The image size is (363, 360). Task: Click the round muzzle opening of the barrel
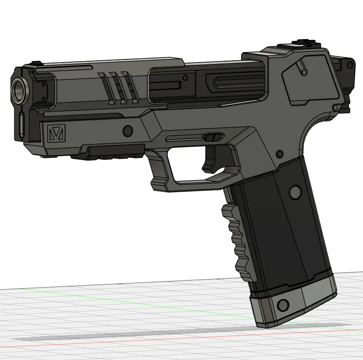(x=19, y=89)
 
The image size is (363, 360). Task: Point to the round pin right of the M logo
(x=128, y=131)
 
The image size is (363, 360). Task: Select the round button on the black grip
(x=295, y=193)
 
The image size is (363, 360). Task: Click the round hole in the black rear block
(x=348, y=66)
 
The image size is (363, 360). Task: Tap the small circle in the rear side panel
(x=304, y=72)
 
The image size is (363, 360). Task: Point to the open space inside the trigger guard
(x=193, y=164)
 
